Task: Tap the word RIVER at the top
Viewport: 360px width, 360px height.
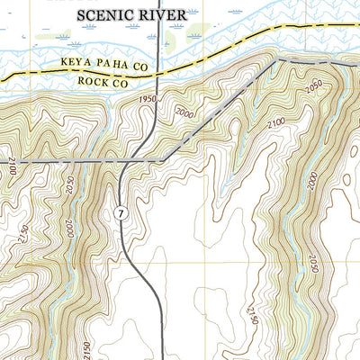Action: point(166,14)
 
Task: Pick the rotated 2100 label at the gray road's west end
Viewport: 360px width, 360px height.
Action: point(13,166)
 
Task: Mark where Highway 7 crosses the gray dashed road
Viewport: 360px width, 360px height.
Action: point(130,161)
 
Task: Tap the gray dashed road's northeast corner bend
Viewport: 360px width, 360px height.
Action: point(273,60)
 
